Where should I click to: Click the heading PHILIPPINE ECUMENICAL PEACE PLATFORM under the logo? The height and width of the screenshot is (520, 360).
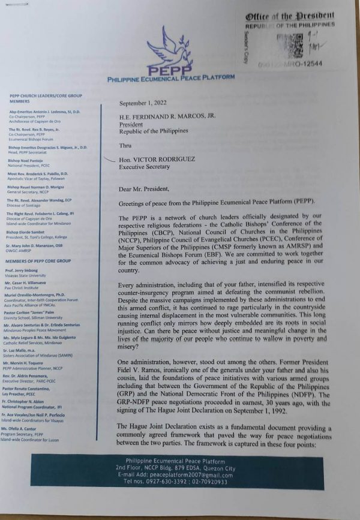(171, 79)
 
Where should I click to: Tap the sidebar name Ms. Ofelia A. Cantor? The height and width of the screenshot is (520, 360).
(27, 446)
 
